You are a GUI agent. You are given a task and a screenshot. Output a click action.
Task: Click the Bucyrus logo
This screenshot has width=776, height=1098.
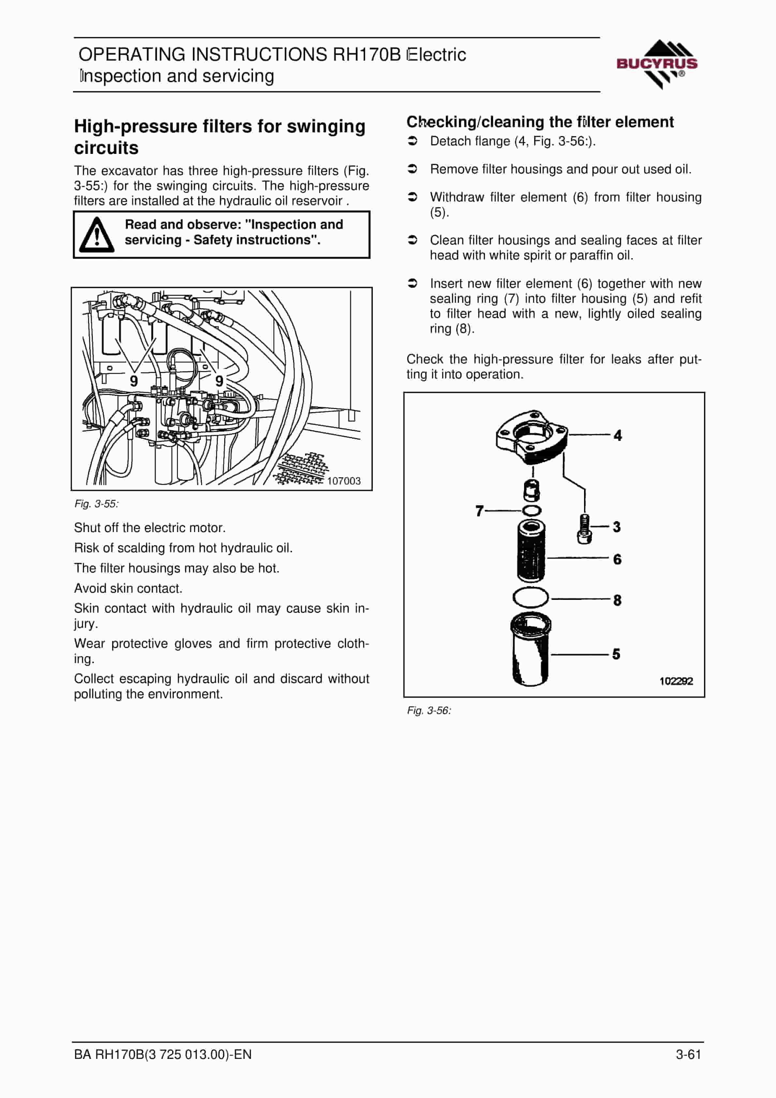[657, 64]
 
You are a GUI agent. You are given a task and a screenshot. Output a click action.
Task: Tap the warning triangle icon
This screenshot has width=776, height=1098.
[96, 235]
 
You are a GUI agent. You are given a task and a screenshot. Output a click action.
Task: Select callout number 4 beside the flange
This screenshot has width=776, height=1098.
[618, 435]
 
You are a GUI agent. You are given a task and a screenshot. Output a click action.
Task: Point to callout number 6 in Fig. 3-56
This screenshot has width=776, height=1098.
[617, 559]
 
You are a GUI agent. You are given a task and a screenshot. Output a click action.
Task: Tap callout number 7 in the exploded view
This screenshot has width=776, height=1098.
[479, 511]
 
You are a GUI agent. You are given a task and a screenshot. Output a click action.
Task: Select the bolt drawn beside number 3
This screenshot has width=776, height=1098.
[584, 529]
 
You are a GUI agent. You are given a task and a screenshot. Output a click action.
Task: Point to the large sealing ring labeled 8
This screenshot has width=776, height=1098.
[531, 598]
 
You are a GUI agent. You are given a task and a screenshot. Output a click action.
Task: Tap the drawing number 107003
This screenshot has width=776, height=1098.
[344, 481]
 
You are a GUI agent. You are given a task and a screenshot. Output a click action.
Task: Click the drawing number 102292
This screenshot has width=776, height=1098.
[676, 681]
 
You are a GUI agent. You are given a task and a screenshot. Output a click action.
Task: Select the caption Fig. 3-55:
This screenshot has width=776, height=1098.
[96, 504]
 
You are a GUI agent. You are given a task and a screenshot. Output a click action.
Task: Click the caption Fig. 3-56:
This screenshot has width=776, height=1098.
[429, 711]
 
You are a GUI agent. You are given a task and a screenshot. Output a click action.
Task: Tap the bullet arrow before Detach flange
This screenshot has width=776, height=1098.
[413, 141]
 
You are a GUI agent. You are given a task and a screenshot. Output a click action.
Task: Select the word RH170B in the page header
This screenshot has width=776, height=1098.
[367, 54]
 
